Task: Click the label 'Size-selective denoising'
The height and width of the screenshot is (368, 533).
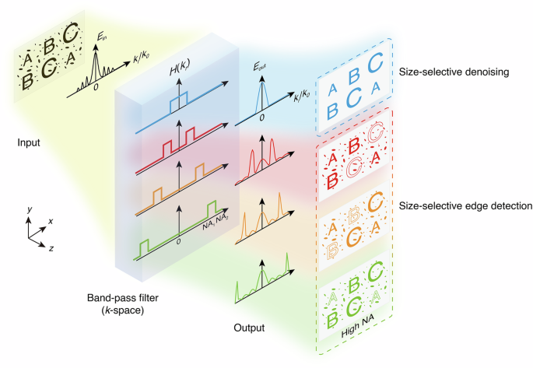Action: point(453,72)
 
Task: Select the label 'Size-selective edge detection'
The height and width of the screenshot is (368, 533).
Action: point(465,207)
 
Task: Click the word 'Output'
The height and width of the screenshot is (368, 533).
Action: point(249,328)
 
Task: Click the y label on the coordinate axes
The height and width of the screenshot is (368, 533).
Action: point(27,209)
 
